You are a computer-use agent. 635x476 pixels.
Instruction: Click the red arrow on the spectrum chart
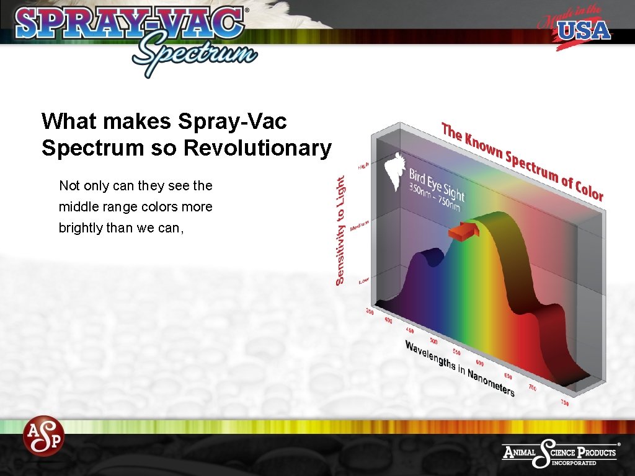point(464,232)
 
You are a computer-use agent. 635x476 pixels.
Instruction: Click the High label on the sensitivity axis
point(363,166)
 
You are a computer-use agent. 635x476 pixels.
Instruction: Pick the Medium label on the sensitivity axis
point(360,226)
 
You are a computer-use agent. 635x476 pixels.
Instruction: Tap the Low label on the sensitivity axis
point(363,281)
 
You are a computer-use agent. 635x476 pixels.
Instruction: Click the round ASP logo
point(43,435)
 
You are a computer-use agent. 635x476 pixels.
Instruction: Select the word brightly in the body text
point(81,227)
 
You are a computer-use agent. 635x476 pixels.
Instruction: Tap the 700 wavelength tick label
point(533,387)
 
